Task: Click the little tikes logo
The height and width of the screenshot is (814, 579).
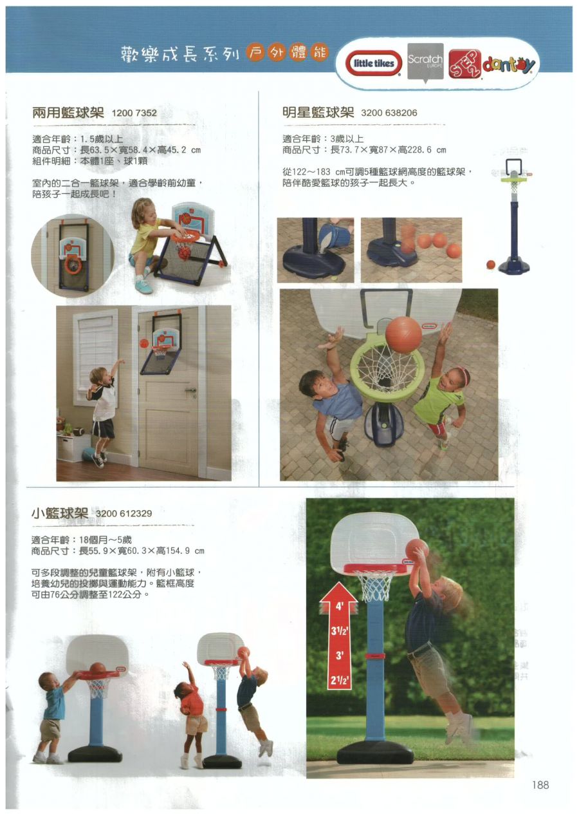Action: [373, 63]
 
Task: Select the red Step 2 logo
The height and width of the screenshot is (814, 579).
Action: [465, 64]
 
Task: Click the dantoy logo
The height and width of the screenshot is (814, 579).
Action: [509, 65]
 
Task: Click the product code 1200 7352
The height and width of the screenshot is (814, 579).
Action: [134, 113]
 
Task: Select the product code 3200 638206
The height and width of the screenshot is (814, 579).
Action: [389, 113]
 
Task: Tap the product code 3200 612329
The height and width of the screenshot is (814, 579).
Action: [124, 513]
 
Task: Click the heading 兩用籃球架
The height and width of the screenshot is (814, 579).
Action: [68, 113]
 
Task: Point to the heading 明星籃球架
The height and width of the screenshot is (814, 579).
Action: [318, 112]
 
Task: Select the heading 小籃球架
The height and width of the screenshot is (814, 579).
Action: [60, 513]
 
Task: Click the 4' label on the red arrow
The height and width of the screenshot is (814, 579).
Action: [339, 606]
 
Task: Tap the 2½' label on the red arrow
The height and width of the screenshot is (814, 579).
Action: [339, 679]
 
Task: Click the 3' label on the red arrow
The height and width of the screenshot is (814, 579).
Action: [339, 655]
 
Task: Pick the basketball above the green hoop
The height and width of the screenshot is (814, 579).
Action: [403, 335]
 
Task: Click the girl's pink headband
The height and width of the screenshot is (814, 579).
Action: [463, 374]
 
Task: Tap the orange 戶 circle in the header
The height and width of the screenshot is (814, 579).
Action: [255, 53]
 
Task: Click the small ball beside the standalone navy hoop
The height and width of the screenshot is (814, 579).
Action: [490, 264]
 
